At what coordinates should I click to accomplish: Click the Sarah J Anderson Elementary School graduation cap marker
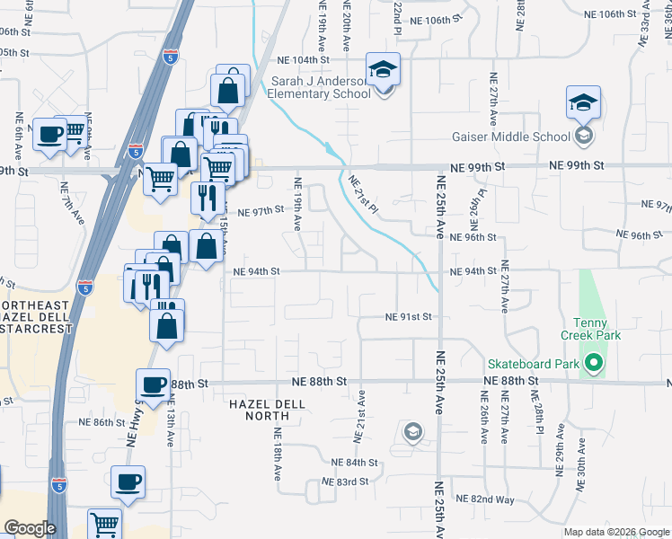pos(383,70)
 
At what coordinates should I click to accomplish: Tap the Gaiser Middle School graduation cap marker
pos(583,103)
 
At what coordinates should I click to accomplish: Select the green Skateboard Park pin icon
pos(593,365)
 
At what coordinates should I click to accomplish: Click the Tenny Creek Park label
pos(590,329)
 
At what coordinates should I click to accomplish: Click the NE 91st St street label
pos(409,317)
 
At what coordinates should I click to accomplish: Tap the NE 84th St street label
pos(355,462)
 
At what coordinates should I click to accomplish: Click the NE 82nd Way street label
pos(484,499)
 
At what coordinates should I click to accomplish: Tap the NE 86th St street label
pos(102,422)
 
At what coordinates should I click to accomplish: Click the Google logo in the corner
pos(30,528)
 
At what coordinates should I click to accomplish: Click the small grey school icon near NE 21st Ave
pos(411,433)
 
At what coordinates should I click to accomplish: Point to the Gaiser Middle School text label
pos(509,137)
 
